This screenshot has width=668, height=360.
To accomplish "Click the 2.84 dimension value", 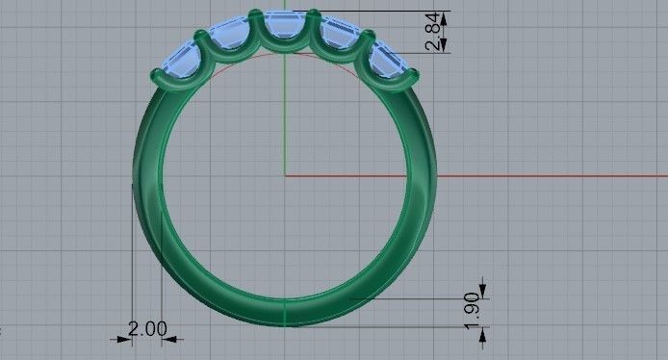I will (436, 31).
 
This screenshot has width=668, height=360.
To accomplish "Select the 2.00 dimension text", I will (147, 329).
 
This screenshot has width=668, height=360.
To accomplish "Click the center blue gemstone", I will (285, 32).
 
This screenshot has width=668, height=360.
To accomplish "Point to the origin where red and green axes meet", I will (285, 175).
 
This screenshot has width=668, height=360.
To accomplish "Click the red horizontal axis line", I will (481, 175).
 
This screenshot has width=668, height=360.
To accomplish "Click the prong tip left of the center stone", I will (255, 13).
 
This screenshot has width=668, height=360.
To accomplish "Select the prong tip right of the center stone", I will (313, 13).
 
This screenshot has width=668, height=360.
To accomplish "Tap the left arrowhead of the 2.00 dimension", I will (125, 338).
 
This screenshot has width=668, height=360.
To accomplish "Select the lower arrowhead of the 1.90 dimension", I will (483, 331).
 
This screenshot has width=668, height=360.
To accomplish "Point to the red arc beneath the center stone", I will (285, 55).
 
